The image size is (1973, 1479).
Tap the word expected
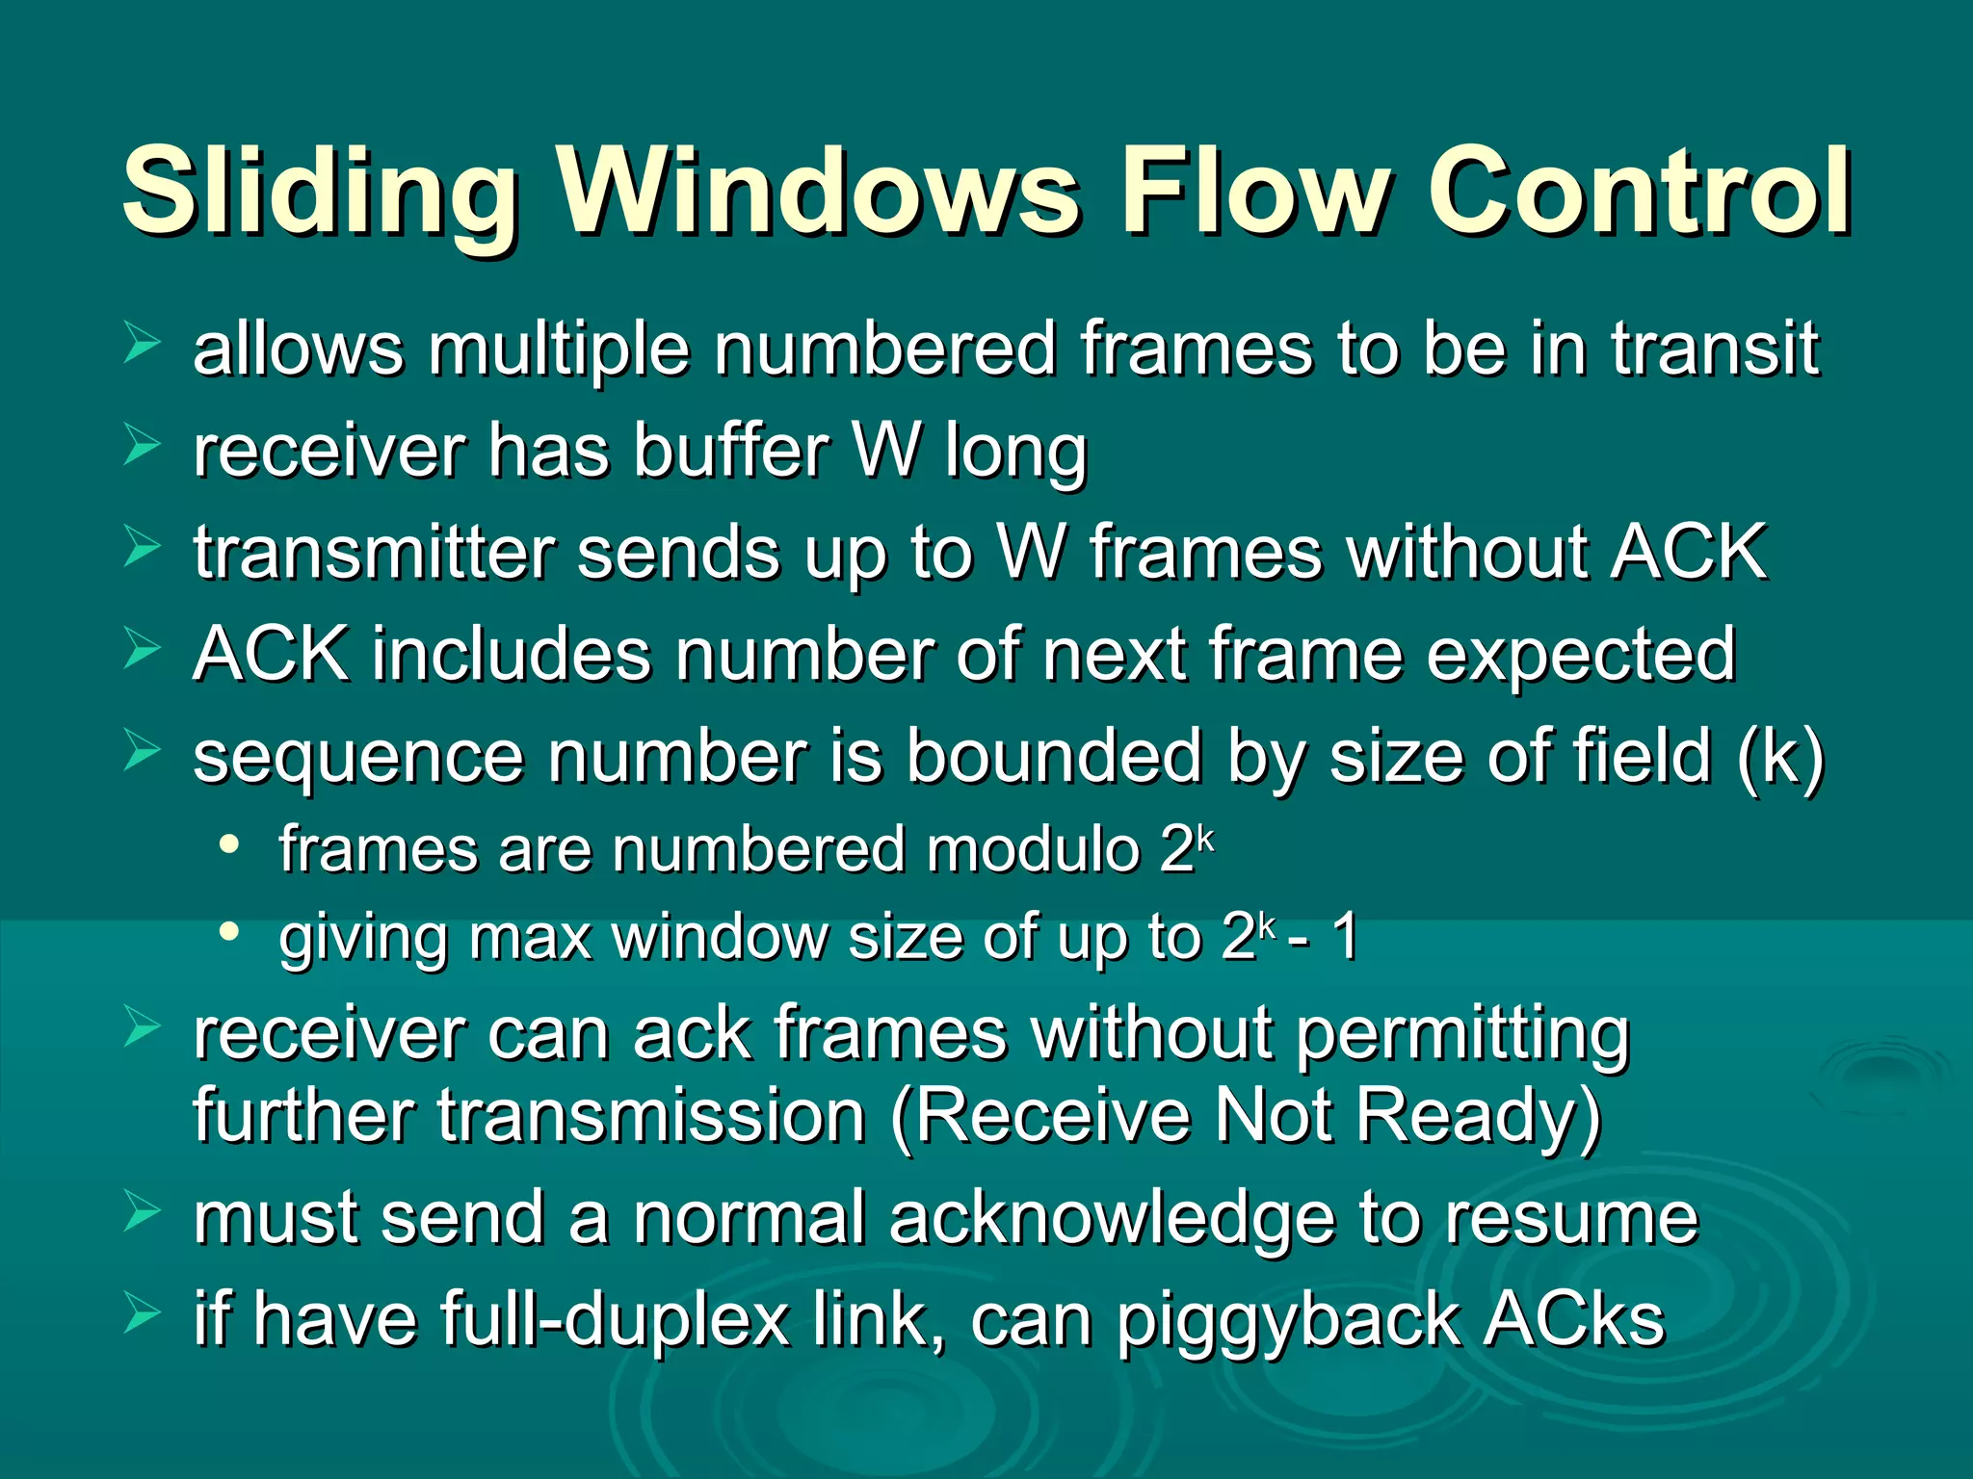point(1580,655)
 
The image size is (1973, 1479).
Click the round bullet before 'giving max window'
point(228,931)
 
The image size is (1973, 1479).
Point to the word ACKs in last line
point(1574,1319)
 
